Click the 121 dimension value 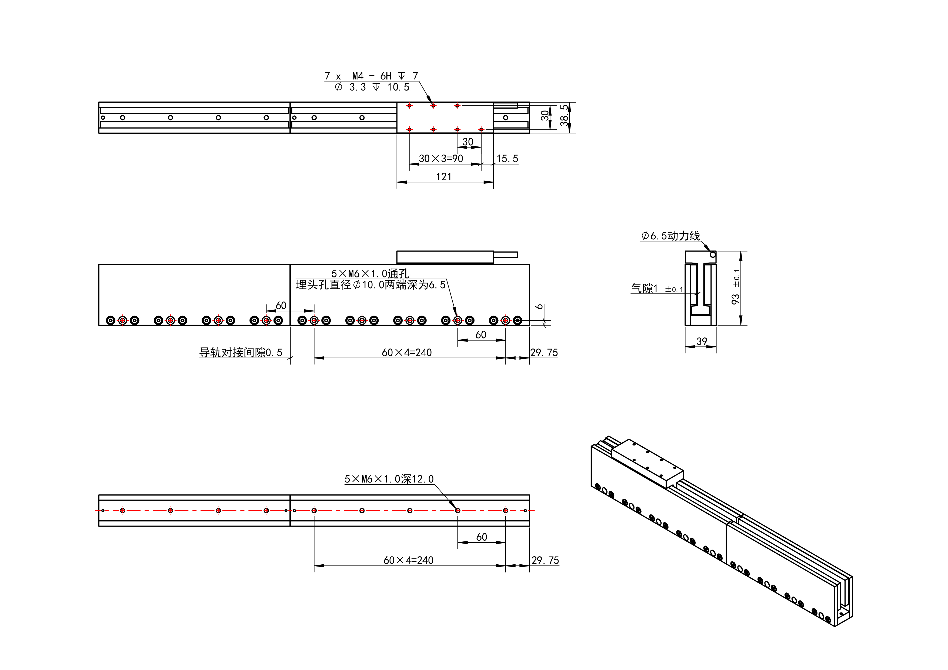(444, 177)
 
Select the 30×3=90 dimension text (441, 159)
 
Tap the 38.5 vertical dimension (564, 116)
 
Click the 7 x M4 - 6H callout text (371, 76)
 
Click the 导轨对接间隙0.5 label (241, 353)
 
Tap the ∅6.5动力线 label (670, 236)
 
